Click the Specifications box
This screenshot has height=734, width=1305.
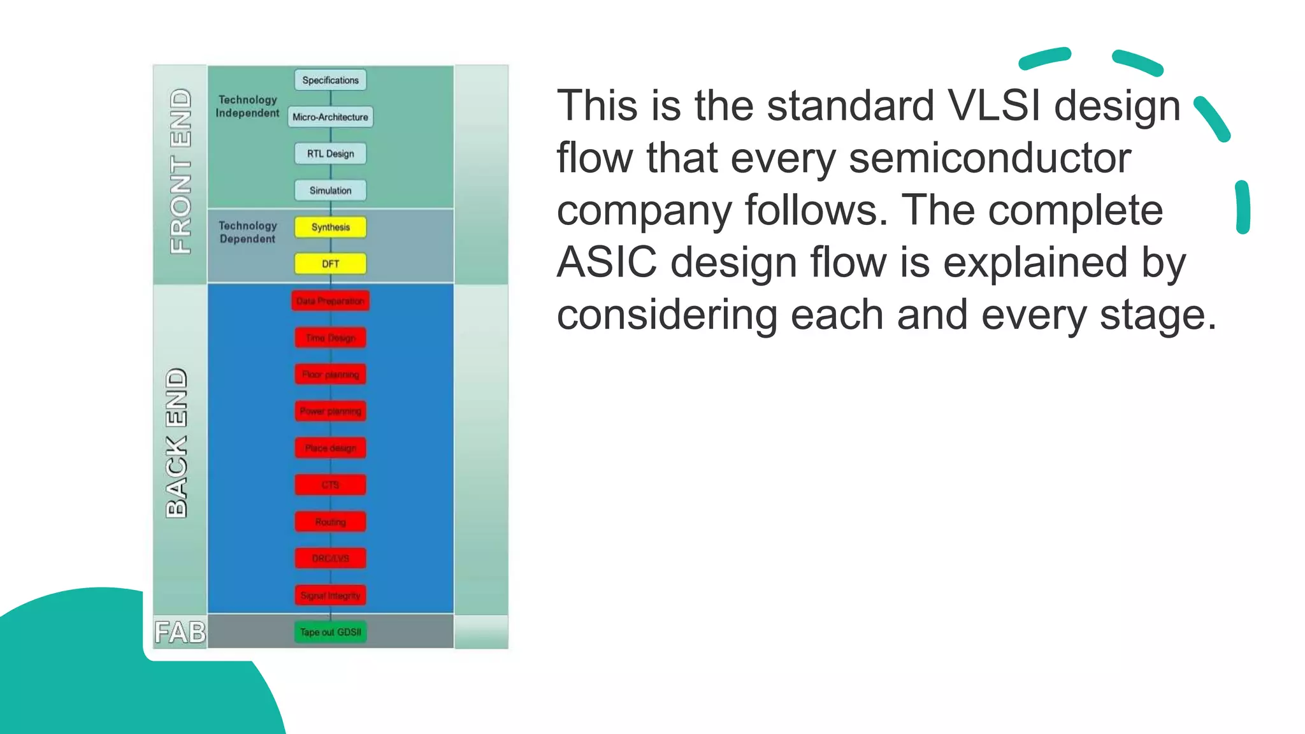(x=330, y=80)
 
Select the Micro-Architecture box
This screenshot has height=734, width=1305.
(x=330, y=117)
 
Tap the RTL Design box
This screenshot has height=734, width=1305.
(x=330, y=154)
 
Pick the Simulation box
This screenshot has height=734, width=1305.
(x=330, y=191)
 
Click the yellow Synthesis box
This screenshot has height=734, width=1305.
(x=330, y=227)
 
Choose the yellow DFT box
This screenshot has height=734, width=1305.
(x=330, y=264)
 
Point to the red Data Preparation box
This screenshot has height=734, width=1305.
(x=330, y=301)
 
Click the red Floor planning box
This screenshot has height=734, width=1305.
(x=330, y=375)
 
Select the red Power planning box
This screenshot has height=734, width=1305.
(x=330, y=412)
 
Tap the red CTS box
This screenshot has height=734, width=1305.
(x=330, y=485)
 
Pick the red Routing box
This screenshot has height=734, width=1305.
(x=330, y=522)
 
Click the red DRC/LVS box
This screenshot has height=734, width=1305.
(x=330, y=559)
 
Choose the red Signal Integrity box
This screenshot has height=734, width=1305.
(x=330, y=596)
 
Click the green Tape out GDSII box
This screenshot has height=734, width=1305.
(x=330, y=632)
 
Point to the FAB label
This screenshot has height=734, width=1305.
(x=180, y=633)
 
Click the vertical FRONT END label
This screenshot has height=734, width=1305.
(x=180, y=171)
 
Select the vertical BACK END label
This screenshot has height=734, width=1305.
(x=177, y=443)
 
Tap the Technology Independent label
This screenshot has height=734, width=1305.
(x=247, y=106)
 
